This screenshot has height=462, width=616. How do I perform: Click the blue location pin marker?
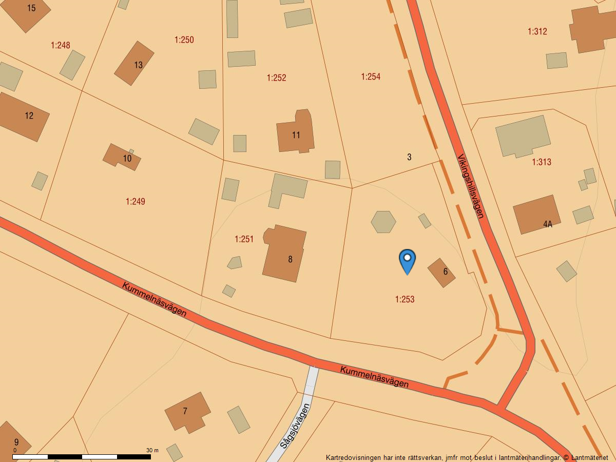(x=407, y=260)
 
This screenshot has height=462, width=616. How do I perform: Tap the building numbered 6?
(x=441, y=273)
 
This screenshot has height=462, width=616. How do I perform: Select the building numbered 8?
(x=285, y=254)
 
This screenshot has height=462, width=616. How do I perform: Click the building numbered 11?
(x=295, y=133)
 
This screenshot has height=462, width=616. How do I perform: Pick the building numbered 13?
(x=134, y=63)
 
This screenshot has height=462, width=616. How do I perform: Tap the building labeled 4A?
(x=536, y=215)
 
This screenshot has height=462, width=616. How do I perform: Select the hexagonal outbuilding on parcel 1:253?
(x=383, y=222)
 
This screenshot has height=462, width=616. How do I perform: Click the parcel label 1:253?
(x=405, y=299)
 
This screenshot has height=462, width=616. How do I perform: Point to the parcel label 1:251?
(x=244, y=239)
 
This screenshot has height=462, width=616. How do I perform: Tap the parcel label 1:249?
(x=136, y=202)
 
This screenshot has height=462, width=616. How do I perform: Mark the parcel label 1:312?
(x=537, y=32)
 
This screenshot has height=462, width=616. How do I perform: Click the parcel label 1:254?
(x=371, y=77)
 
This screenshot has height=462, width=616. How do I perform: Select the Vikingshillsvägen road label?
(x=471, y=186)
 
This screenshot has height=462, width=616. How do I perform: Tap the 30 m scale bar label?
(x=152, y=450)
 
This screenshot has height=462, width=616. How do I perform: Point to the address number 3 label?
(x=409, y=157)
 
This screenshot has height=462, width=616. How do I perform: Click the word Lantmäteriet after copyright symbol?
(x=589, y=457)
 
